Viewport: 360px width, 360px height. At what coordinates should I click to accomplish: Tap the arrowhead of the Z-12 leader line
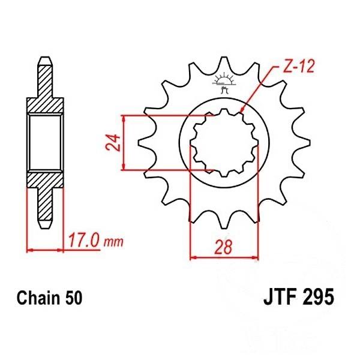tap(240, 112)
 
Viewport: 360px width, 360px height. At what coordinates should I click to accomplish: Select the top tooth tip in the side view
tap(46, 61)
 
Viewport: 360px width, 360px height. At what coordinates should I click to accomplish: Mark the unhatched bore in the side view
tap(46, 142)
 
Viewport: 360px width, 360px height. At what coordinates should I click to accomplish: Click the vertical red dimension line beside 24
tap(124, 143)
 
